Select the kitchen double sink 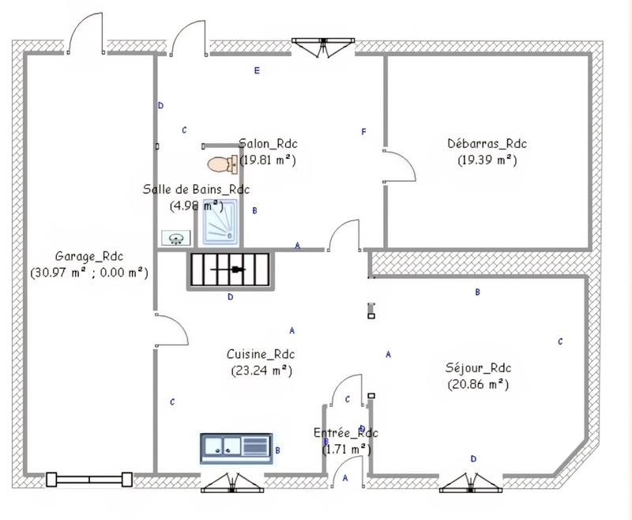(235, 447)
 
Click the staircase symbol (228, 270)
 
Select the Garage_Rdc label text (88, 256)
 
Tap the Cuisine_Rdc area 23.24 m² (261, 369)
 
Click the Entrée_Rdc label (346, 433)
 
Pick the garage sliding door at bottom (89, 478)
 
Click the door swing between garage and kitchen (171, 330)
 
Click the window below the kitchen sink (231, 483)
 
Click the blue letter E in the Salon (257, 71)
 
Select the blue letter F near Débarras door (363, 132)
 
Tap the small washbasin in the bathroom (175, 237)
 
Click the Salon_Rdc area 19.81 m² (269, 159)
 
